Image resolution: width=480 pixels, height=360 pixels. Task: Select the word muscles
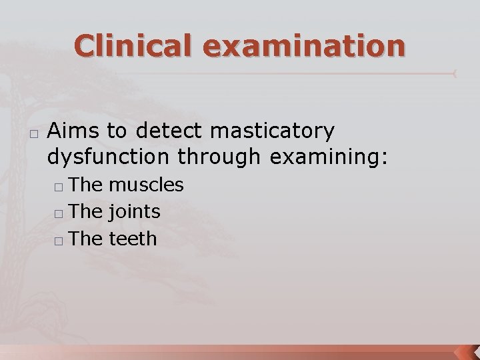coord(145,185)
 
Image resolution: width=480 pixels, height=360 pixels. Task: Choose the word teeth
coord(133,238)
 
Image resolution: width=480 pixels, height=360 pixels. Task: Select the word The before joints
coord(85,212)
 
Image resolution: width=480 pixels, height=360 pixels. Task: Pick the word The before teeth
coord(85,238)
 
